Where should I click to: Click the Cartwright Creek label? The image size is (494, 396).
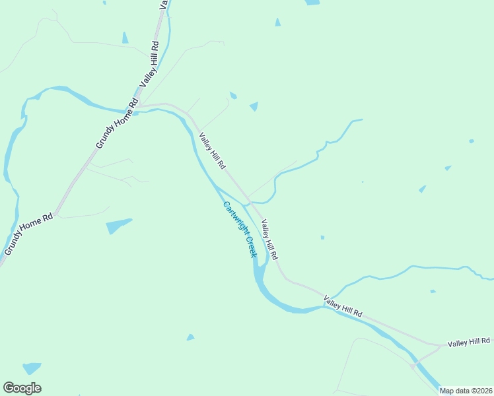click(x=240, y=229)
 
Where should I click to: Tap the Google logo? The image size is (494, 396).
click(x=22, y=388)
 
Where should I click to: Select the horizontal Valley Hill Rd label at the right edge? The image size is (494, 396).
click(x=469, y=343)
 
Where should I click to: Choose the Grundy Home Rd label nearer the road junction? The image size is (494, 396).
click(x=116, y=125)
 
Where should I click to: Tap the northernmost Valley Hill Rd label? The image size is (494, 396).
click(x=150, y=65)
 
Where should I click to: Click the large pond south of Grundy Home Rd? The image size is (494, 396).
click(x=118, y=226)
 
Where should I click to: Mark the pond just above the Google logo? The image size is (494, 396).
click(x=31, y=368)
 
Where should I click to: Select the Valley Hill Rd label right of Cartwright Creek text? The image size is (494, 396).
click(x=269, y=240)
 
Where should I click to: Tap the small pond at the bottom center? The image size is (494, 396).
click(x=190, y=337)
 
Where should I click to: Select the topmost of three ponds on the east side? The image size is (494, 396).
click(x=471, y=141)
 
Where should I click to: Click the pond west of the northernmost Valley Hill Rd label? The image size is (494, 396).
click(x=125, y=38)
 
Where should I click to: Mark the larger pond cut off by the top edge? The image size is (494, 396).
click(x=312, y=3)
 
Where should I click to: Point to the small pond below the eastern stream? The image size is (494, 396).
click(x=433, y=291)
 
